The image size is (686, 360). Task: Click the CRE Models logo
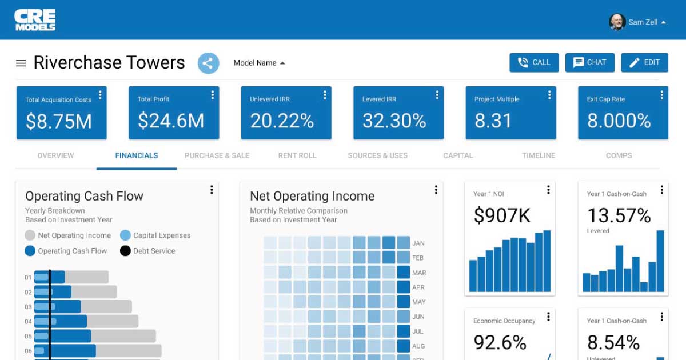point(35,20)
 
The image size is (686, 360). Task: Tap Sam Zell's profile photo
point(617,22)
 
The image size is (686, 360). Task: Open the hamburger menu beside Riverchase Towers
point(21,63)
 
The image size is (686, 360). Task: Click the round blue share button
point(209,63)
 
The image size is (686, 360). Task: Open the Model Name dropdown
point(259,63)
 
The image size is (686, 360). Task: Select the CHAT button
point(590,63)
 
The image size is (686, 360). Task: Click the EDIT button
point(644,63)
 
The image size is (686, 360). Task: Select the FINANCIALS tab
point(137,155)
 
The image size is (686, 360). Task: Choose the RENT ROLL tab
point(297,155)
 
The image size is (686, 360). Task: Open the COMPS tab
point(619,155)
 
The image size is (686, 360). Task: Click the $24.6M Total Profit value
point(171,121)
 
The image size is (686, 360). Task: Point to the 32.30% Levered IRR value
point(394,121)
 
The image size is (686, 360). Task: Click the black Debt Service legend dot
point(125,251)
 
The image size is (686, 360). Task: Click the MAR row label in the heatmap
point(419,273)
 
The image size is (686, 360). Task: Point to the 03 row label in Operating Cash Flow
point(28,307)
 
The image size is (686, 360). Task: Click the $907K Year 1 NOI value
point(502,215)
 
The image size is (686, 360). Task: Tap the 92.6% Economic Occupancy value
point(500,342)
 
